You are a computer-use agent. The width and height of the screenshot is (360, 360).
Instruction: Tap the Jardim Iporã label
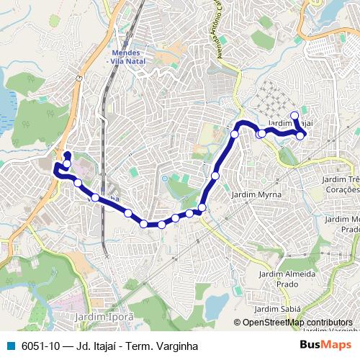101,315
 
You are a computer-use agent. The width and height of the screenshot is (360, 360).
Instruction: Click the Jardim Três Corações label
341,184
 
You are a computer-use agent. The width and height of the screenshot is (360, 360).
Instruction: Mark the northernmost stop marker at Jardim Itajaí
294,115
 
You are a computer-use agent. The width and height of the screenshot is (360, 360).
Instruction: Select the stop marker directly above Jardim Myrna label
215,175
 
